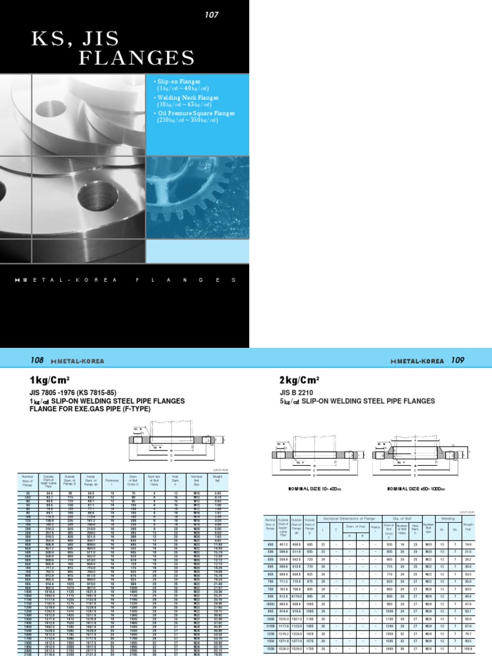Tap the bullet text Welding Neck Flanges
pyautogui.click(x=186, y=97)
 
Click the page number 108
pyautogui.click(x=36, y=361)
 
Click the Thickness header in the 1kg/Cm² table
pyautogui.click(x=112, y=478)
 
